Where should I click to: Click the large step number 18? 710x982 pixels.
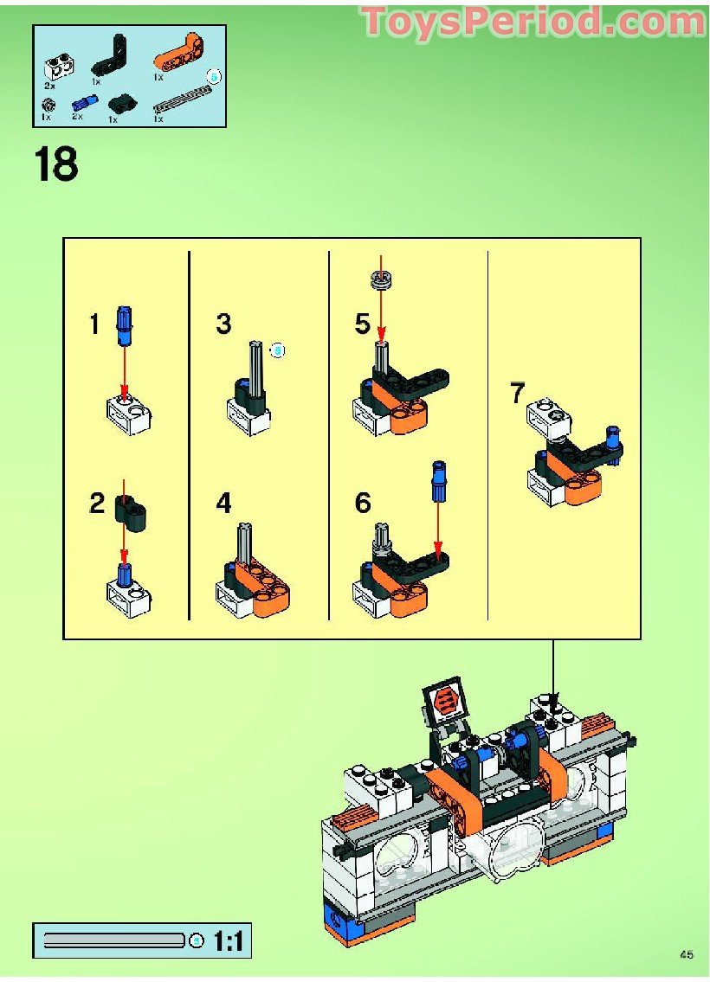pos(56,164)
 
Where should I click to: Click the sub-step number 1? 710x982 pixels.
pos(95,325)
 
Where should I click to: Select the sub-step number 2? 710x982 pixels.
pos(97,503)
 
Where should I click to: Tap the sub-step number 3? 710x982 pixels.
pos(224,324)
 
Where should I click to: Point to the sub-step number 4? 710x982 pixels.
pos(224,503)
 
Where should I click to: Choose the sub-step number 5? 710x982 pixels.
pos(363,324)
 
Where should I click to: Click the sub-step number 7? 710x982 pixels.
pos(518,394)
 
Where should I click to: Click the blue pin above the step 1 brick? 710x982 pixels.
pos(125,322)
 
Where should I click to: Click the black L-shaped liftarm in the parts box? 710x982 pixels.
pos(112,53)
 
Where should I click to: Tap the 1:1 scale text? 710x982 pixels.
pos(228,940)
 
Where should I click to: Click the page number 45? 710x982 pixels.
pos(687,955)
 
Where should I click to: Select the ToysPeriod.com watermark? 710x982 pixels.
pos(532,22)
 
